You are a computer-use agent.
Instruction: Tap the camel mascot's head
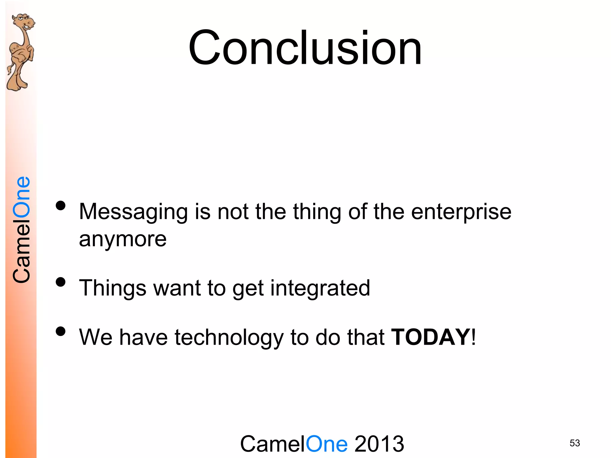click(24, 22)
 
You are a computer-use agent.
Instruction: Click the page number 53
click(575, 443)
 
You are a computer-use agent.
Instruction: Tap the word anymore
click(123, 239)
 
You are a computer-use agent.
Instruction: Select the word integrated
click(320, 288)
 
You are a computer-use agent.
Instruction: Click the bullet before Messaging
click(61, 206)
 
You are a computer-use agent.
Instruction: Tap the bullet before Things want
click(61, 282)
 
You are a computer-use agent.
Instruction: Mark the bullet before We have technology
click(61, 331)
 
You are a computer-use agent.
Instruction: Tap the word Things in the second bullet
click(112, 288)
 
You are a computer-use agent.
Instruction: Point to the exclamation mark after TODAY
click(473, 337)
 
